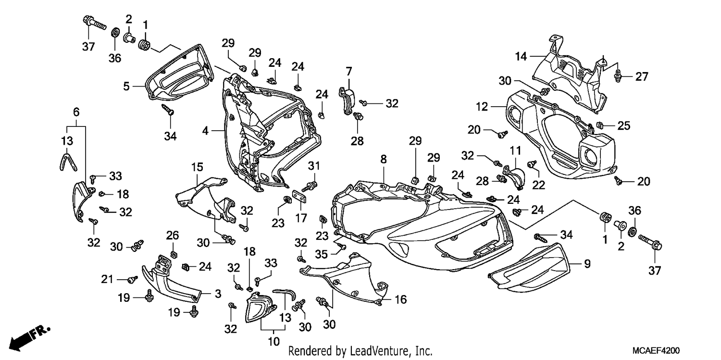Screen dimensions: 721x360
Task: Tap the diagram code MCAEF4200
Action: pyautogui.click(x=656, y=350)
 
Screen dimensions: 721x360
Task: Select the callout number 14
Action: pyautogui.click(x=521, y=56)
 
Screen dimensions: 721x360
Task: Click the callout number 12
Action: pyautogui.click(x=482, y=107)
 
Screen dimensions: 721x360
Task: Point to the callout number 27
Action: pyautogui.click(x=642, y=76)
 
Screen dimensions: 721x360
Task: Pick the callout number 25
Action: pyautogui.click(x=623, y=125)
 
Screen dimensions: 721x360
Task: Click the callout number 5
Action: pyautogui.click(x=126, y=86)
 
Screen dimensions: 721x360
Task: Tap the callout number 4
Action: pyautogui.click(x=205, y=131)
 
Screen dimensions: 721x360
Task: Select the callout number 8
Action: pyautogui.click(x=384, y=159)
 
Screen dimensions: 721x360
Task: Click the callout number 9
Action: pyautogui.click(x=587, y=264)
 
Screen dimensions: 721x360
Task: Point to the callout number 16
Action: pyautogui.click(x=401, y=299)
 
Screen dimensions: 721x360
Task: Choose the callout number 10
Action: pyautogui.click(x=274, y=341)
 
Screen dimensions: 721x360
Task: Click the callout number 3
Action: pyautogui.click(x=218, y=293)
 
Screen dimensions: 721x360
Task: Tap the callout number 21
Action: pyautogui.click(x=107, y=279)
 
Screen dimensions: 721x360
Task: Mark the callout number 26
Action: pyautogui.click(x=173, y=235)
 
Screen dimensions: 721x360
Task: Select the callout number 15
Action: pyautogui.click(x=197, y=167)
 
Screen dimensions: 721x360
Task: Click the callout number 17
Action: pyautogui.click(x=301, y=218)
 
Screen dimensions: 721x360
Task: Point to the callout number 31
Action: pyautogui.click(x=314, y=166)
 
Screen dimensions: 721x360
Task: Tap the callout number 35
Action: pyautogui.click(x=321, y=254)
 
